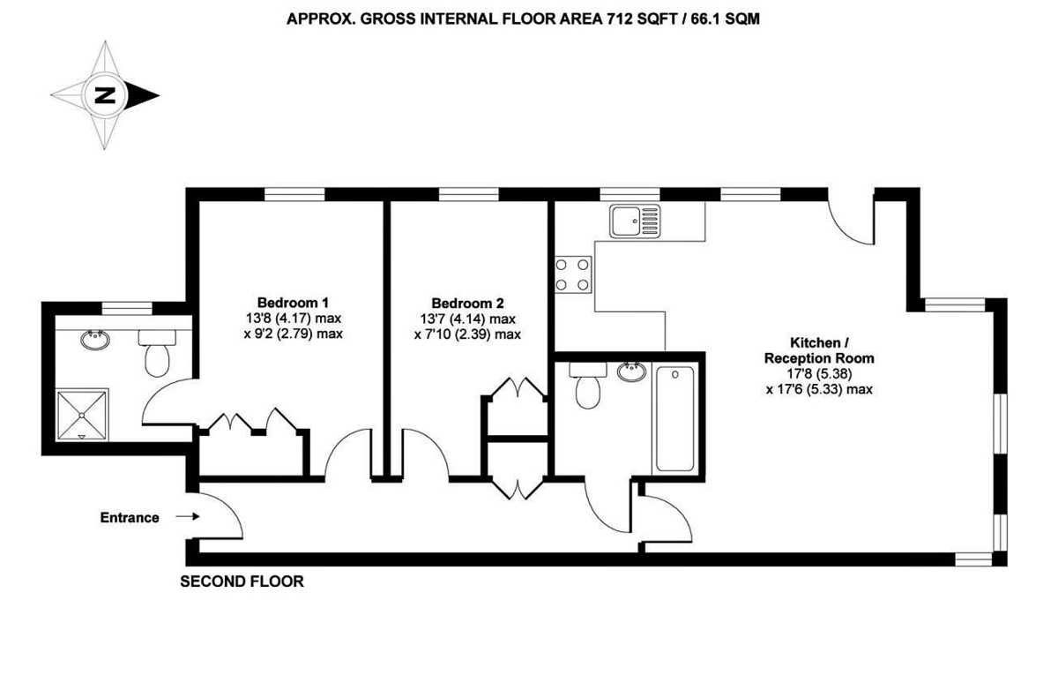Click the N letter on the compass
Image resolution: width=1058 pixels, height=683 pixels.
tap(106, 95)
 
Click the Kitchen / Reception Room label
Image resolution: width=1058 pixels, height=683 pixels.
tap(819, 350)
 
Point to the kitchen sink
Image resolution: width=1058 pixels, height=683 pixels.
tap(634, 221)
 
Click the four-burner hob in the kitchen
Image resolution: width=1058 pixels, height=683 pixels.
tap(573, 273)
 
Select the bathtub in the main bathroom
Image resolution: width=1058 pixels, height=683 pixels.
tap(674, 420)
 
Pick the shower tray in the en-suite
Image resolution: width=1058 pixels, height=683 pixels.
tap(82, 413)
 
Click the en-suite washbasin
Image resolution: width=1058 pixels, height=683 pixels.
tap(94, 338)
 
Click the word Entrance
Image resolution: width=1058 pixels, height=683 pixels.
tap(130, 518)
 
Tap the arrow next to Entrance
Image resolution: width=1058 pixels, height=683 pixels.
tap(187, 518)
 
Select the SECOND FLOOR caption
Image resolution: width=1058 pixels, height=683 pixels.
tap(242, 582)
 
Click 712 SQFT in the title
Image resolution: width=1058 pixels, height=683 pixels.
tap(635, 17)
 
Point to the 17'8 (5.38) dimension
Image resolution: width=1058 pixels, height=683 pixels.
tap(819, 373)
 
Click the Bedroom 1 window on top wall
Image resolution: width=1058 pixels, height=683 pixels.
tap(292, 195)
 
